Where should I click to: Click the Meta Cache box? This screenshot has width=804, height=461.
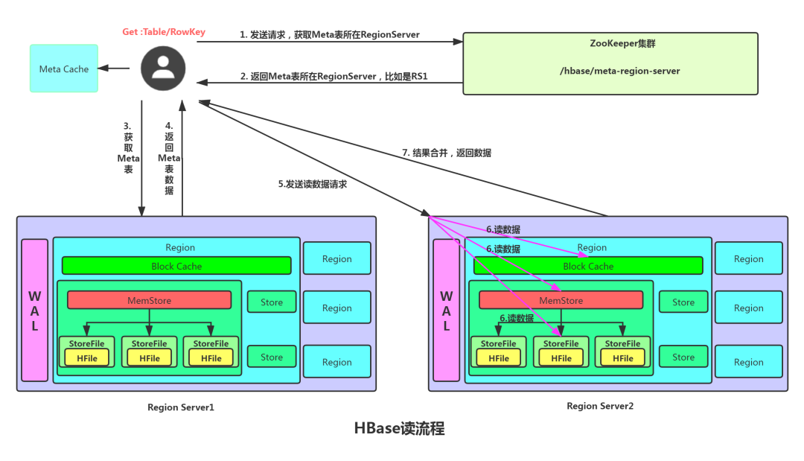[64, 69]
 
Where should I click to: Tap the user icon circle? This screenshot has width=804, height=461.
[162, 68]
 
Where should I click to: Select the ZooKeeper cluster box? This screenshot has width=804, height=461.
[610, 63]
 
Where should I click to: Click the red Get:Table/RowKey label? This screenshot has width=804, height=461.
[164, 32]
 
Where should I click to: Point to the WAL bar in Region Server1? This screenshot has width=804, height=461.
[34, 311]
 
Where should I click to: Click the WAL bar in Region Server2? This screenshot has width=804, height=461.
[446, 311]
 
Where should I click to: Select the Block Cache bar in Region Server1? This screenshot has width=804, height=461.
[176, 266]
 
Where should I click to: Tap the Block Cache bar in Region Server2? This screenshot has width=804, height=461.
[588, 266]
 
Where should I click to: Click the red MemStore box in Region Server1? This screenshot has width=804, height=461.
[150, 300]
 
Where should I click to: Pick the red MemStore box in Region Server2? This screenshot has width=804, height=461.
[561, 300]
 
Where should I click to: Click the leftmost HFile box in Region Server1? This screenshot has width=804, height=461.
[87, 358]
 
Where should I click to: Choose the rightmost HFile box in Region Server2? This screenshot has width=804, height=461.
[622, 358]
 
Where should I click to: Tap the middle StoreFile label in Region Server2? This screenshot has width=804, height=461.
[561, 343]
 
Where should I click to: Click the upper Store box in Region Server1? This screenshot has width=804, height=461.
[272, 302]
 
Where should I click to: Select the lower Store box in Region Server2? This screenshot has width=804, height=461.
[683, 357]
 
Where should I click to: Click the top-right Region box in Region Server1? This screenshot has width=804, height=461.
[336, 258]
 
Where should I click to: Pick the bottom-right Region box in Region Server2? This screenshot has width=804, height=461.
[748, 362]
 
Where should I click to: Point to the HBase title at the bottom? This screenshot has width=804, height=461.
[400, 428]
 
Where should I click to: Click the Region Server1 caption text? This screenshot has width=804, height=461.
[180, 407]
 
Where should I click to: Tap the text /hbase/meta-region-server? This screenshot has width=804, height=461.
[610, 71]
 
